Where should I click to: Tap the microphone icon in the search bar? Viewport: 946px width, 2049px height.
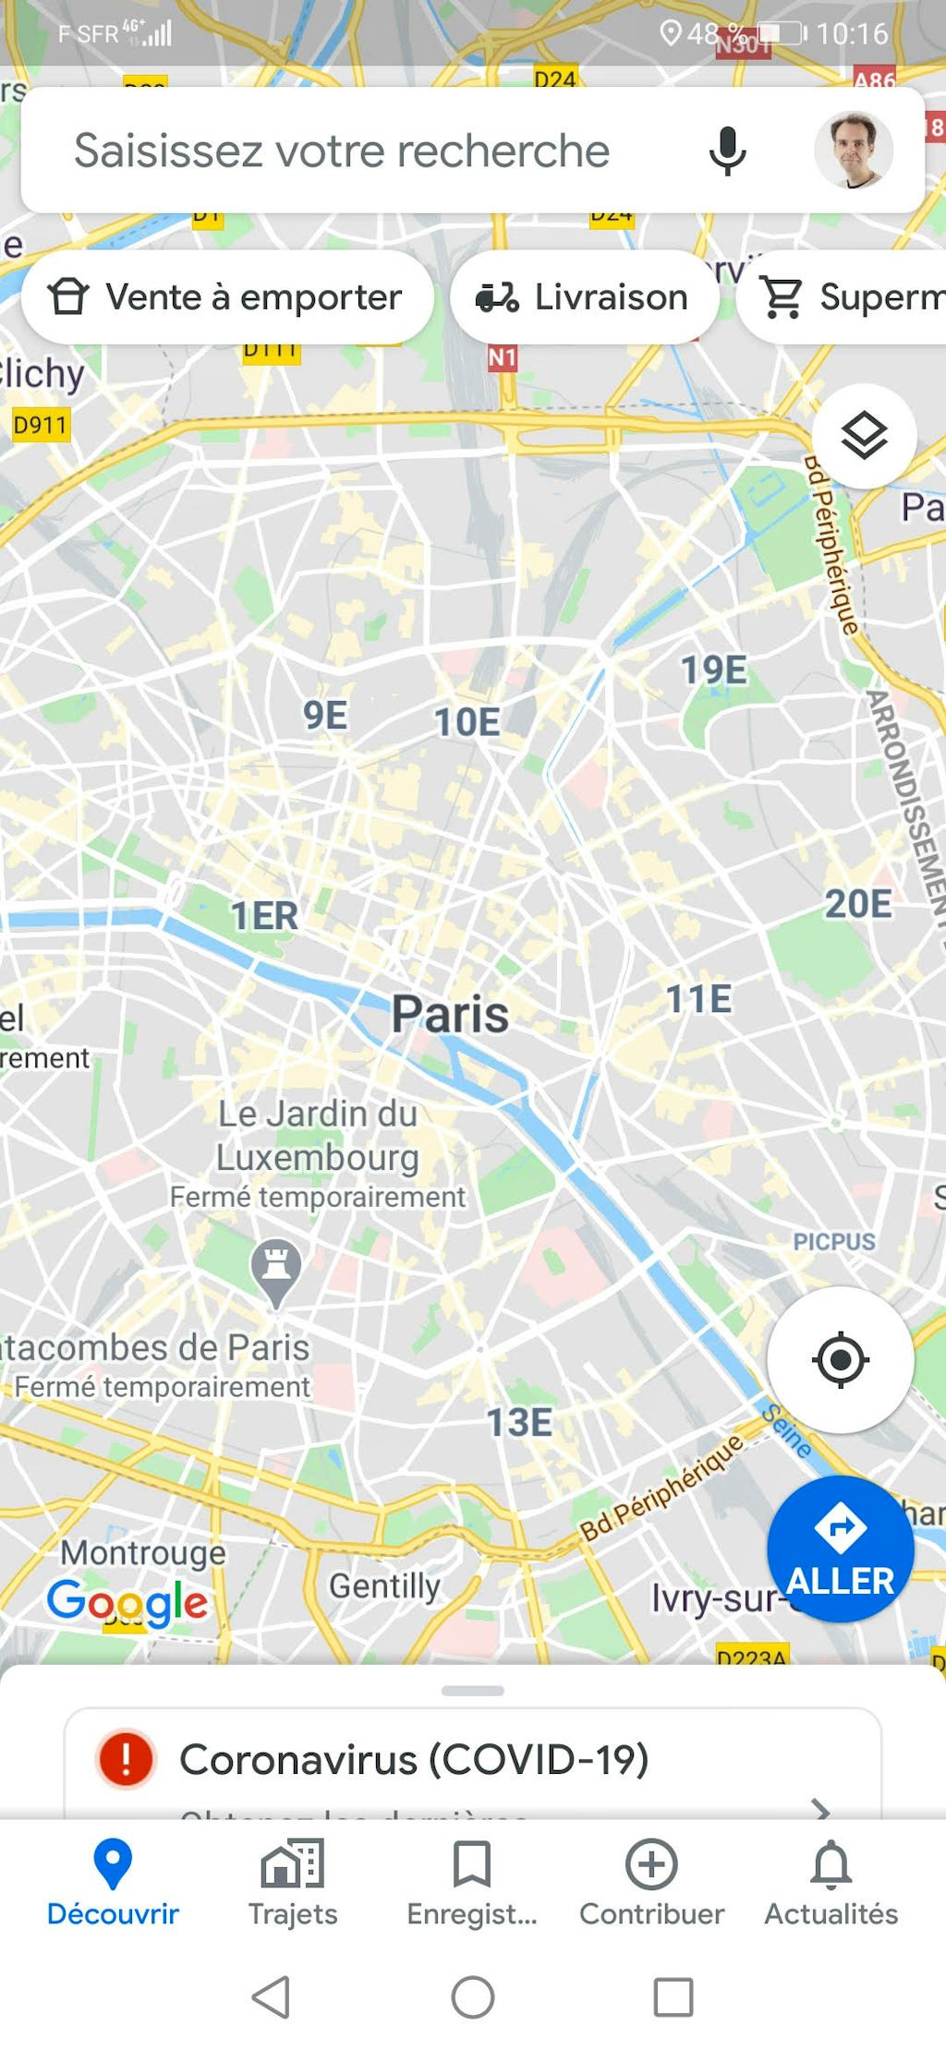727,151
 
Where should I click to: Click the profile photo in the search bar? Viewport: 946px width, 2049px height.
853,151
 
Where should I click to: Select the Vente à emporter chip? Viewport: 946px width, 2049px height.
227,297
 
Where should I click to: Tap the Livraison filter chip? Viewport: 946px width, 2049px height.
584,297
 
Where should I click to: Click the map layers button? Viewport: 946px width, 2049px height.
864,436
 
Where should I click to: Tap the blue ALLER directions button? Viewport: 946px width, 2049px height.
840,1549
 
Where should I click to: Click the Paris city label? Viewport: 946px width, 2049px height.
450,1014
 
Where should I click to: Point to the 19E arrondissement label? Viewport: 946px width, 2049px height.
713,670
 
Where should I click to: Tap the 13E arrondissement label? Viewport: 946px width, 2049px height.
519,1422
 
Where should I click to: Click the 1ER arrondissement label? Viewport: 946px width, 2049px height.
264,916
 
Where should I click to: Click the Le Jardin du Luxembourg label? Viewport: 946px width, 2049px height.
318,1136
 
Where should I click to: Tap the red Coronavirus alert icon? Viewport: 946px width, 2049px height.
126,1758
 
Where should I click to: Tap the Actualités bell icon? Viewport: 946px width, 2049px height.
831,1865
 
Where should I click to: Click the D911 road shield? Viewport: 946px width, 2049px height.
40,425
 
